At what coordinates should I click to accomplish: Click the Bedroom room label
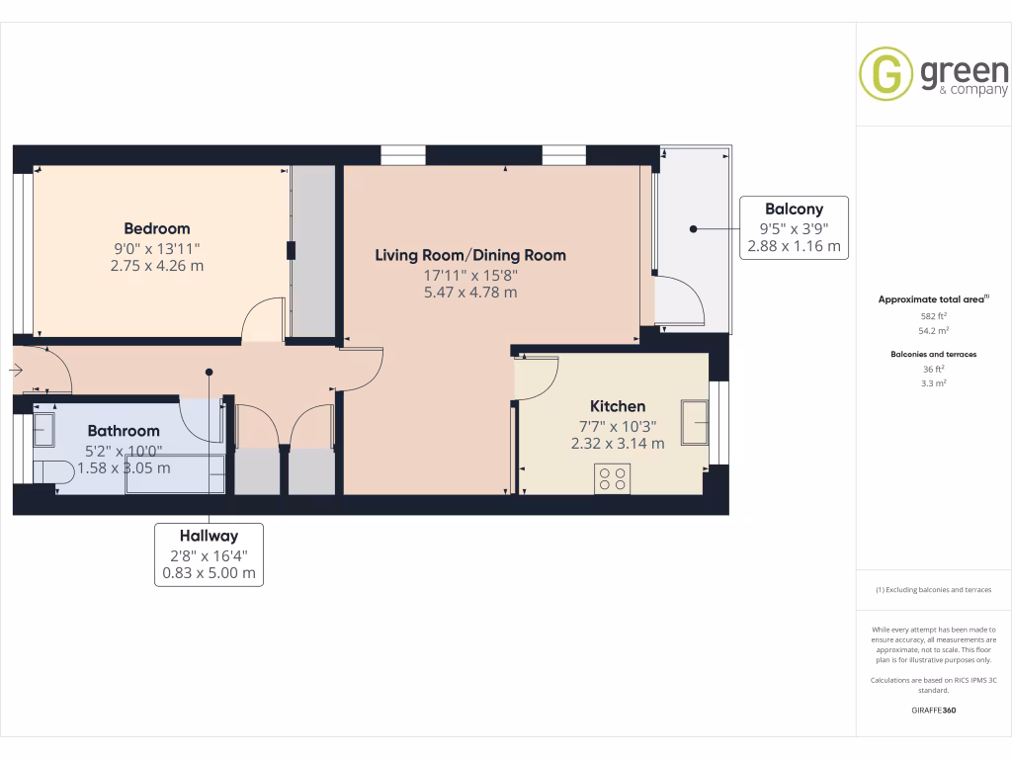click(157, 228)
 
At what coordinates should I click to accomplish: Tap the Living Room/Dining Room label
click(470, 255)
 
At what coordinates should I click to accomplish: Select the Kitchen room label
click(618, 406)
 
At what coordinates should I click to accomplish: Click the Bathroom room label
click(124, 431)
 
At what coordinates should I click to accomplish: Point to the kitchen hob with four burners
click(613, 478)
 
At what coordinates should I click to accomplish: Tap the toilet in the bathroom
click(52, 470)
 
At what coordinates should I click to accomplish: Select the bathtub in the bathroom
click(174, 474)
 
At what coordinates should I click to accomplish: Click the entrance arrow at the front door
click(17, 371)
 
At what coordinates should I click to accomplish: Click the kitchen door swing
click(537, 379)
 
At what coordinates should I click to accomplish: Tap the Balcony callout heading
click(794, 209)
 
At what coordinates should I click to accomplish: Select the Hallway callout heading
click(209, 536)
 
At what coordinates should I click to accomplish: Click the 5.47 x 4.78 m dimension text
click(470, 293)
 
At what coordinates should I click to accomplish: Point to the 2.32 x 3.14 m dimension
click(618, 444)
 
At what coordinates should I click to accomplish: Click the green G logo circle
click(885, 74)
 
